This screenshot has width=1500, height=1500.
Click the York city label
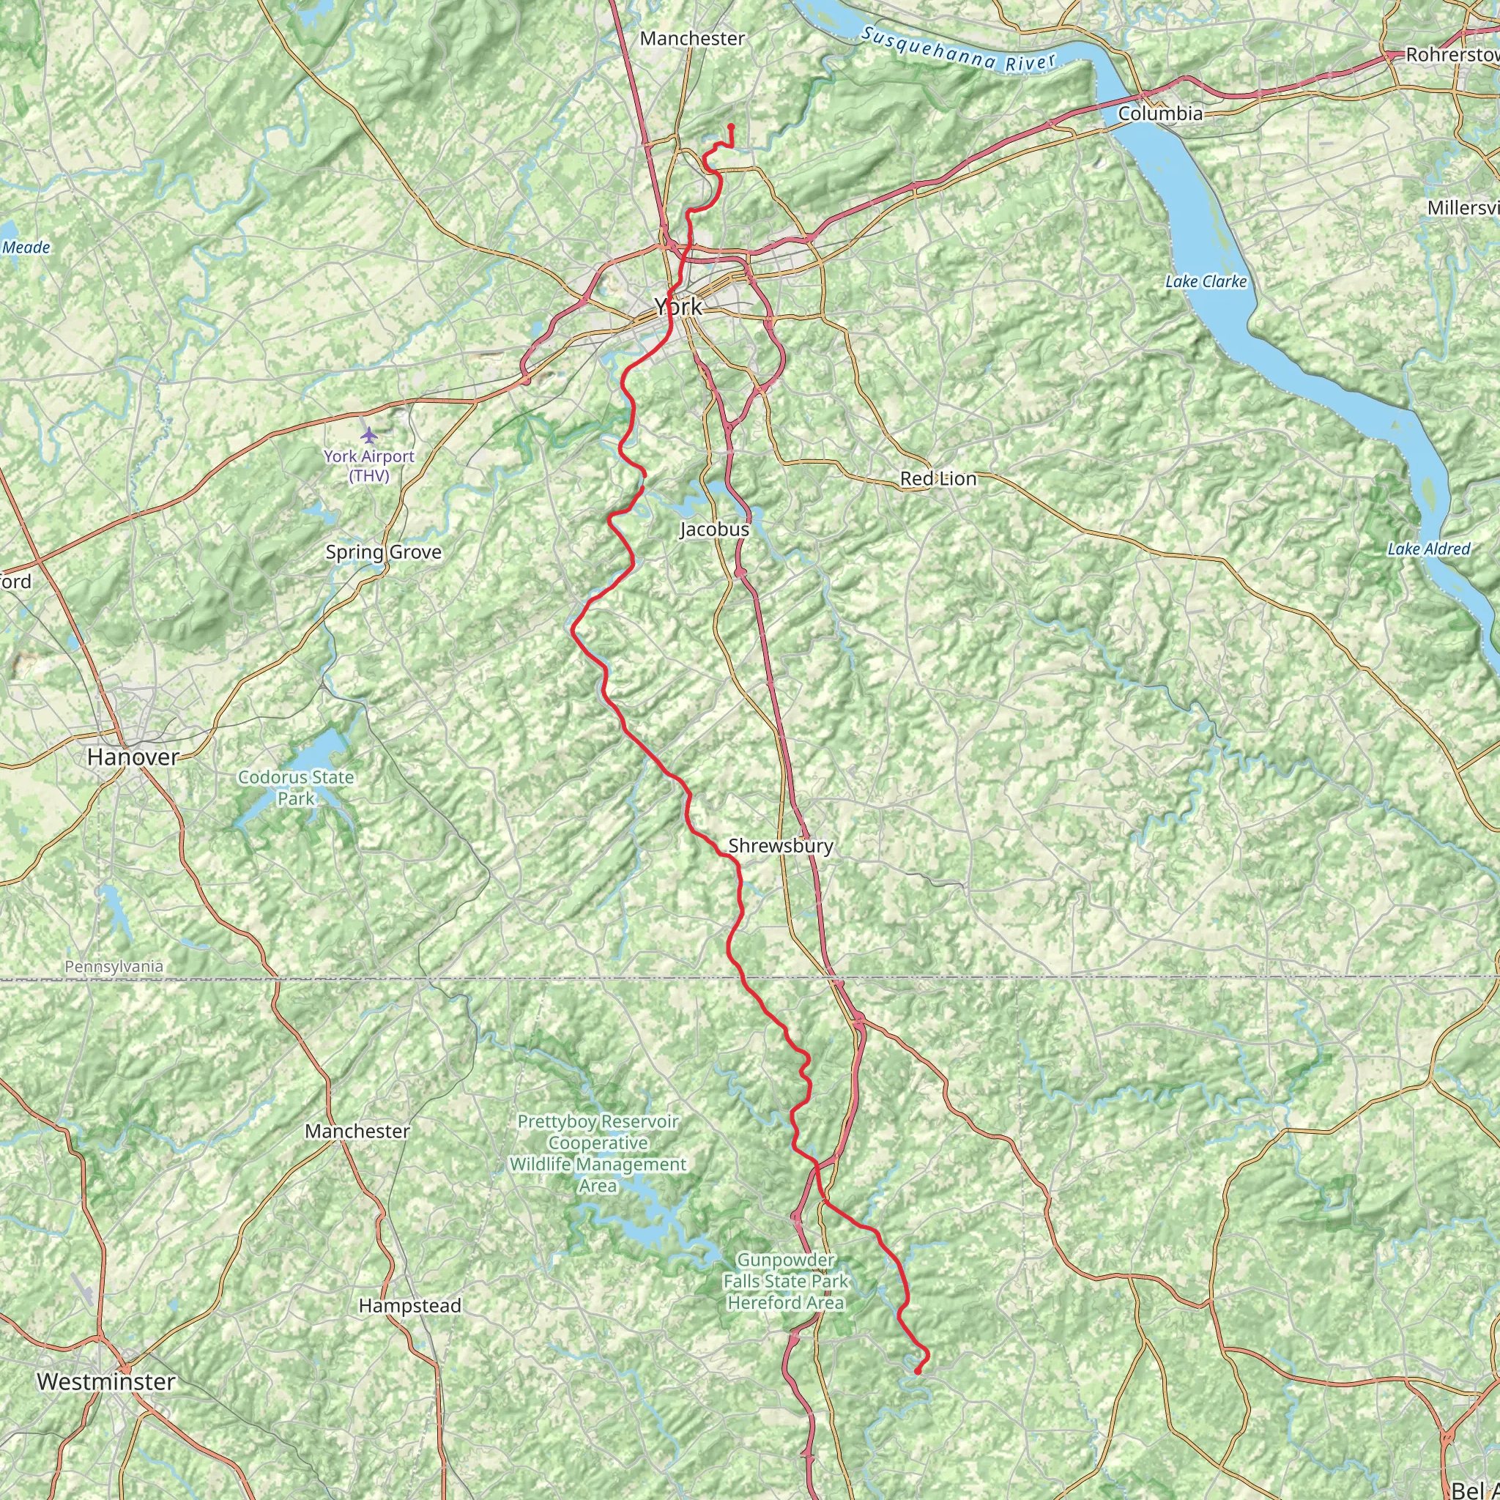[678, 307]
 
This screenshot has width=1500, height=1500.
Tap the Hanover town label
[133, 757]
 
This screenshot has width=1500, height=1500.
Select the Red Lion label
[938, 479]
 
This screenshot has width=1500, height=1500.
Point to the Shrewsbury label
[780, 845]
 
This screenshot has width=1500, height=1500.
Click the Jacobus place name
[714, 530]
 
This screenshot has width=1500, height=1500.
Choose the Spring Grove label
[384, 552]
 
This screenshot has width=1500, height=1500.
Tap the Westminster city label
[106, 1381]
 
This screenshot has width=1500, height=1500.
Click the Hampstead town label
[410, 1306]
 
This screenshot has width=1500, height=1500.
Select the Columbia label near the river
[1160, 114]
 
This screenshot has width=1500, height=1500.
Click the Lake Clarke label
[1206, 282]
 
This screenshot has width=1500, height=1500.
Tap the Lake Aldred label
[1428, 549]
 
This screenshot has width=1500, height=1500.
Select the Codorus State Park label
[296, 787]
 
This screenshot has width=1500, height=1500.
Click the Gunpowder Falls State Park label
[786, 1281]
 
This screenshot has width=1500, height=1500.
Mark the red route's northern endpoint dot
[730, 127]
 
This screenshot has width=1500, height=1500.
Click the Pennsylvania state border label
[114, 967]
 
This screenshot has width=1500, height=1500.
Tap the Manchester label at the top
[691, 39]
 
